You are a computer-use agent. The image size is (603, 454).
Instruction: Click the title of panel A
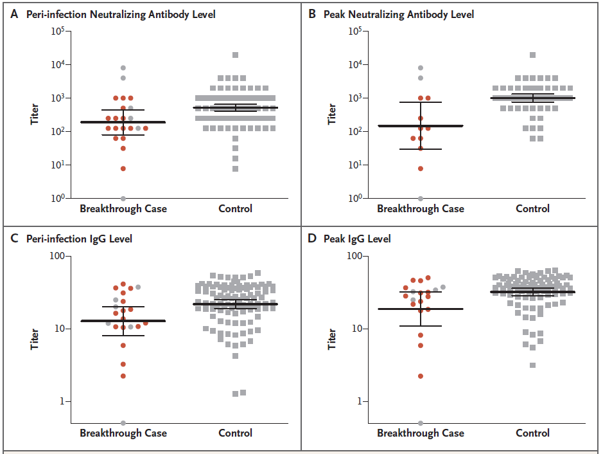(x=121, y=14)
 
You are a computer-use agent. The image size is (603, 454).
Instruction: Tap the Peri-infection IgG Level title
(x=79, y=239)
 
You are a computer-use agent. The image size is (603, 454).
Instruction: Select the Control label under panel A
(x=236, y=208)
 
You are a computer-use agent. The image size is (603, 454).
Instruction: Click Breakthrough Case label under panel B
(x=421, y=208)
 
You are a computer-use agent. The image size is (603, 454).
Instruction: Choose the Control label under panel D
(x=533, y=433)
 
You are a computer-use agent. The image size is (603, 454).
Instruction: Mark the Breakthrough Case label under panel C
(x=123, y=433)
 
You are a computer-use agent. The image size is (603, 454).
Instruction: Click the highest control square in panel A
(x=236, y=55)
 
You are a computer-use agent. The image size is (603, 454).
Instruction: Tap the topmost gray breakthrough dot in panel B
(x=421, y=68)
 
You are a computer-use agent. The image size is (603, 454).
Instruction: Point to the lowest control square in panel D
(x=533, y=365)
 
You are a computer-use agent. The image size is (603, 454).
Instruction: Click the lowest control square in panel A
(x=236, y=169)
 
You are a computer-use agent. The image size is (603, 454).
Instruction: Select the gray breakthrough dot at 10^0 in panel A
(x=123, y=198)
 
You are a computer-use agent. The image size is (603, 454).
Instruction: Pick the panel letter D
(x=312, y=239)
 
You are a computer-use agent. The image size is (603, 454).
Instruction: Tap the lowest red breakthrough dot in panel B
(x=421, y=168)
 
